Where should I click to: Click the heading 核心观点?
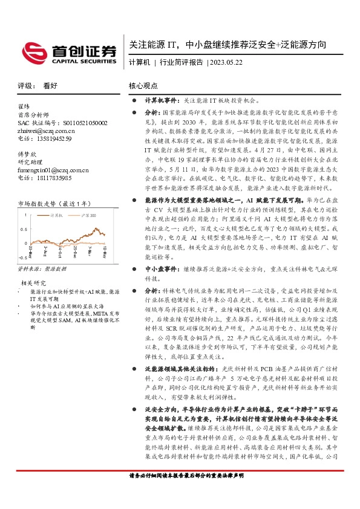click(x=144, y=86)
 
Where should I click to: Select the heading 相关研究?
click(x=33, y=283)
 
